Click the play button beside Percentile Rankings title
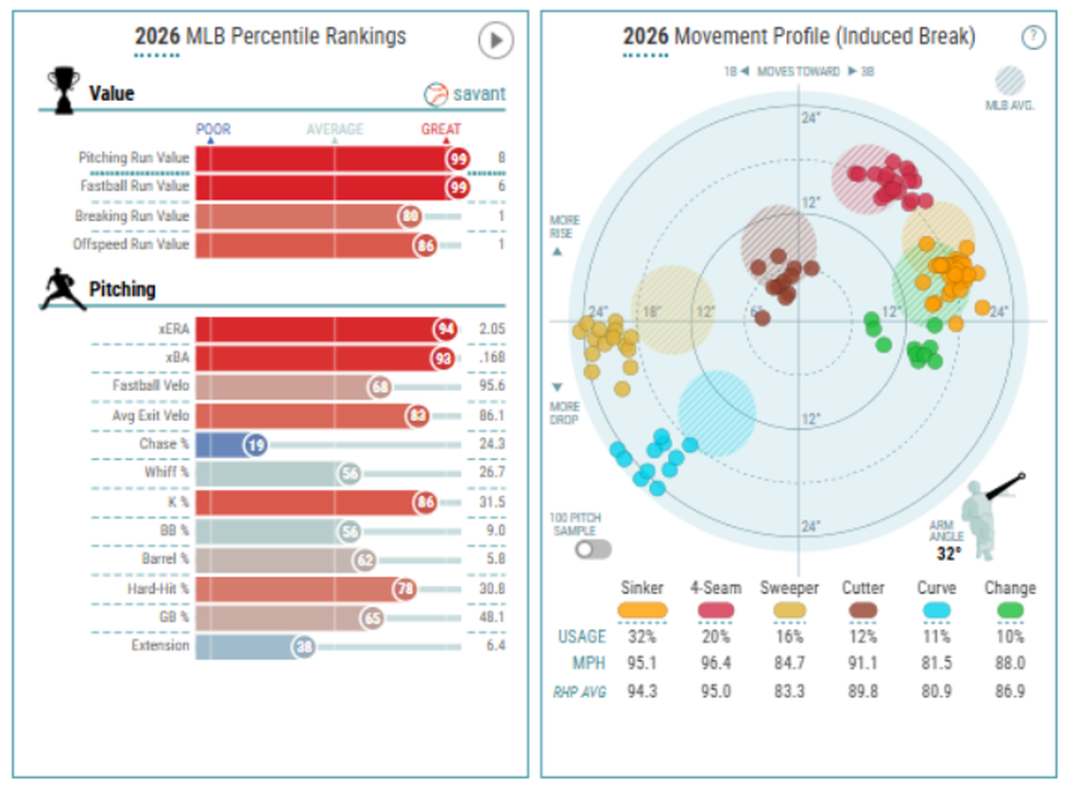[x=496, y=41]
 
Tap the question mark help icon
[x=1034, y=37]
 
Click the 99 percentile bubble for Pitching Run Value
[x=459, y=159]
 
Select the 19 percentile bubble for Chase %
[x=255, y=445]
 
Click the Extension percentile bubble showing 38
[x=302, y=647]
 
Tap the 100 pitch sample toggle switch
[x=592, y=549]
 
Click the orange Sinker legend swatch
[x=642, y=611]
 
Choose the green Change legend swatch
[x=1010, y=611]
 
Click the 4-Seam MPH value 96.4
[x=716, y=663]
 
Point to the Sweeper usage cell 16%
[x=789, y=636]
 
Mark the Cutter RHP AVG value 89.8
[x=863, y=691]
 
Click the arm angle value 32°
[x=949, y=554]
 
